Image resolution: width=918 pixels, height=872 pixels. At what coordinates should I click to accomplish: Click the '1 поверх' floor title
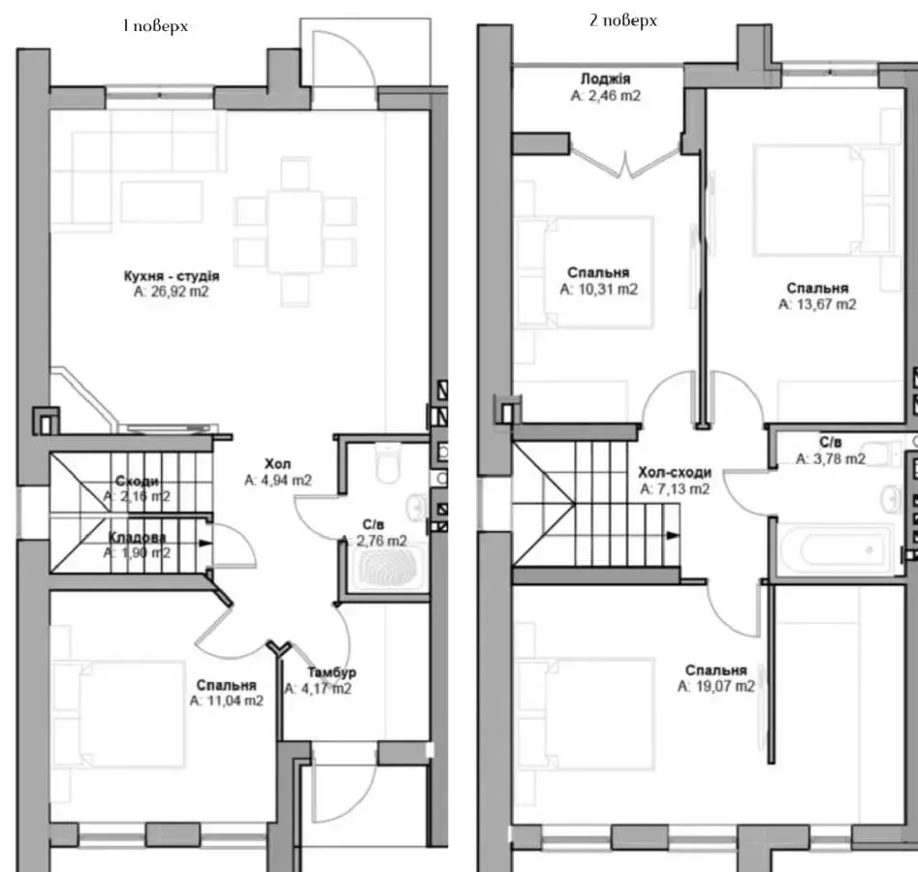[155, 26]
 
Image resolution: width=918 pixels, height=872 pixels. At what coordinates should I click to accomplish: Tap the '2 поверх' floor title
[623, 20]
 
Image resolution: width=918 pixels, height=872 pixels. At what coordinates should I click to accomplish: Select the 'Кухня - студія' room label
[172, 275]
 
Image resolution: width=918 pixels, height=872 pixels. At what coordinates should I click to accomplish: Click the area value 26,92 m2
[171, 292]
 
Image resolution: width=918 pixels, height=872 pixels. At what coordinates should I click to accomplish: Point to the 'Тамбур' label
[332, 672]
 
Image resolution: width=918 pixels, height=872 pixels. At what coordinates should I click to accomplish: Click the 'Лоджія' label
[605, 78]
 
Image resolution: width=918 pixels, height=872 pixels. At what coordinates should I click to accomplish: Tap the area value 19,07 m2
[716, 686]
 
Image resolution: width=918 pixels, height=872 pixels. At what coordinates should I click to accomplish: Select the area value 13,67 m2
[817, 304]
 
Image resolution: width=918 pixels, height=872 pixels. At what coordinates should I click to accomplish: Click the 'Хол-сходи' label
[675, 472]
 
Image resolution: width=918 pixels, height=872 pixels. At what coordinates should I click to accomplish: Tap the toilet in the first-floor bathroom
[388, 463]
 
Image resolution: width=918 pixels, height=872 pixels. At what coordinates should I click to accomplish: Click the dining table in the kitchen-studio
[295, 232]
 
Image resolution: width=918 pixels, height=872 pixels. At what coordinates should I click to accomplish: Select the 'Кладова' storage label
[137, 537]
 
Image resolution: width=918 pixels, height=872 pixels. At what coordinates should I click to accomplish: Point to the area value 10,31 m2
[598, 289]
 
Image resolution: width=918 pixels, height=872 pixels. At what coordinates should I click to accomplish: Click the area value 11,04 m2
[227, 701]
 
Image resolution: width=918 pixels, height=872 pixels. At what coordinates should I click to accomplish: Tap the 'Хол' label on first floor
[277, 464]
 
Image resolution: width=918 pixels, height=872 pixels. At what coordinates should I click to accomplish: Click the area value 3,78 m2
[830, 459]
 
